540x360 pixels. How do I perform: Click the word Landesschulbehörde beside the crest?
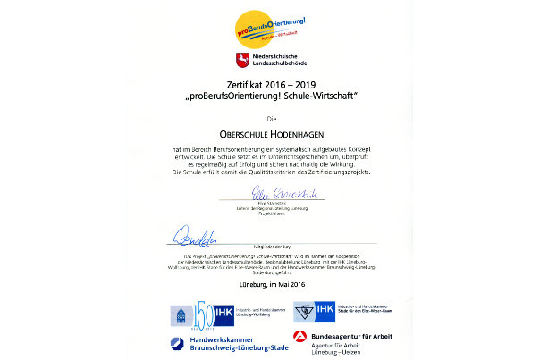pyautogui.click(x=281, y=66)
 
